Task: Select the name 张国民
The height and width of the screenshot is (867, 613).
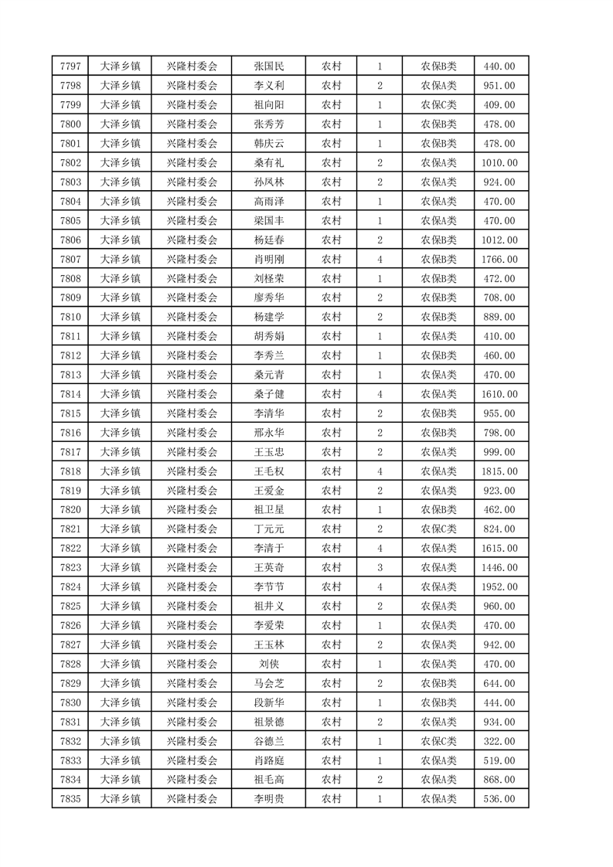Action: pos(268,66)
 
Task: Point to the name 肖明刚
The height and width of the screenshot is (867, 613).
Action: pos(268,260)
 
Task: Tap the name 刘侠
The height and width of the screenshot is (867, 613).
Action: pos(268,664)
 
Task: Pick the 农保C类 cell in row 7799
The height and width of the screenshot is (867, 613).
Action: pos(438,105)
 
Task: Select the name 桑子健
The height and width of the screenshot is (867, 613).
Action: pos(268,394)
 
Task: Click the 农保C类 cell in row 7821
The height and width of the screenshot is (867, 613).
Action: pos(438,529)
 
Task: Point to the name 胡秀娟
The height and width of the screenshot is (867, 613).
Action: pos(268,336)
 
